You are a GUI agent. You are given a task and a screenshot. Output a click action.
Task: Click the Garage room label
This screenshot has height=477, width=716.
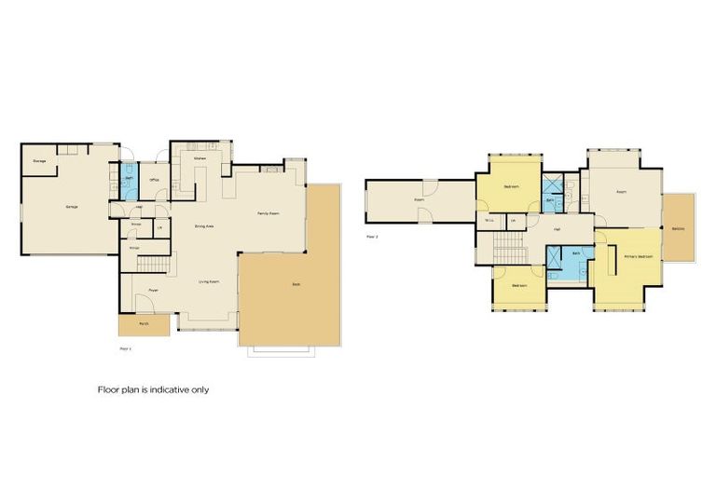click(x=71, y=206)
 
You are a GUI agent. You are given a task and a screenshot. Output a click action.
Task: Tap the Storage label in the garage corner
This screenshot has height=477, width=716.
click(x=40, y=161)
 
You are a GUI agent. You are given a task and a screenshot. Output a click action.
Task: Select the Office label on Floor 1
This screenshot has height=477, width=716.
click(x=154, y=179)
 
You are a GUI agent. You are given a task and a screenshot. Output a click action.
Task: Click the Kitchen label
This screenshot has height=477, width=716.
click(x=200, y=159)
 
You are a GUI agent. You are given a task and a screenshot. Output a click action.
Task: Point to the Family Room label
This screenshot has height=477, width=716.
click(x=270, y=213)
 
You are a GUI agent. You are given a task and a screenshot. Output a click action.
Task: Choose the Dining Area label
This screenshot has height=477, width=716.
click(x=204, y=226)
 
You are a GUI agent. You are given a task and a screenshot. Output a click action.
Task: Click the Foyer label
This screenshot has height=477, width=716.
click(x=153, y=291)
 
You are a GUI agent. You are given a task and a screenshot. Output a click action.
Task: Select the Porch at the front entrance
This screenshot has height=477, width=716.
click(x=144, y=325)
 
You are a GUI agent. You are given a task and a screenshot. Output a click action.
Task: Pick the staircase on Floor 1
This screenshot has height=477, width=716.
click(x=154, y=266)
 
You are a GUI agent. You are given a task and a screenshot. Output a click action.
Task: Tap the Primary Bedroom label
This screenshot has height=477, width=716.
click(x=638, y=256)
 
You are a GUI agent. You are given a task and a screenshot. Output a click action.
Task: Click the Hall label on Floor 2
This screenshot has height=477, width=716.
click(x=557, y=228)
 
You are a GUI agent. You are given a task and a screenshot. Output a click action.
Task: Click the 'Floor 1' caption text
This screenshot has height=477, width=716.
click(x=126, y=348)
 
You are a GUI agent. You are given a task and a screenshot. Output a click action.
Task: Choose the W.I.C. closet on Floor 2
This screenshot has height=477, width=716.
click(x=489, y=221)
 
